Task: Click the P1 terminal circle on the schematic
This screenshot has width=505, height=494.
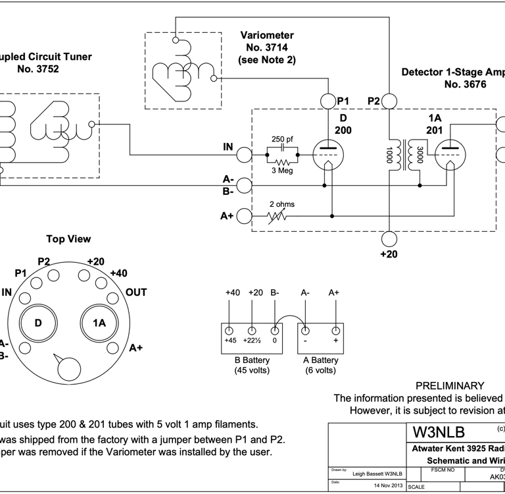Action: coord(328,101)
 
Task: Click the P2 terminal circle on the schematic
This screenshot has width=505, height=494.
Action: coord(389,101)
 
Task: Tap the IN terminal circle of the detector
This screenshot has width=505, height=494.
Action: coord(244,154)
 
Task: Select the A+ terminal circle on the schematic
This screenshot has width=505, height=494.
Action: coord(244,215)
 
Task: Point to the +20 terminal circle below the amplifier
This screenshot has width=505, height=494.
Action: coord(389,238)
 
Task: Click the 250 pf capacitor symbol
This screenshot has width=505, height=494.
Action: coord(283,146)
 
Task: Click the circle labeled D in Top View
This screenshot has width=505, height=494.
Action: coord(37,323)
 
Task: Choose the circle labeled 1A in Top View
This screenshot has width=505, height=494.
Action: coord(99,323)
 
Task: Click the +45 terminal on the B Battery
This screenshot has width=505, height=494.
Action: coord(229,330)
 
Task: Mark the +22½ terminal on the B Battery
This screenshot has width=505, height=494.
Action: coord(252,330)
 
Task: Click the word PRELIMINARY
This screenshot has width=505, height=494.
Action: coord(450,386)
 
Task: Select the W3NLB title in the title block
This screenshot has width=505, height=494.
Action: coord(439,432)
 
